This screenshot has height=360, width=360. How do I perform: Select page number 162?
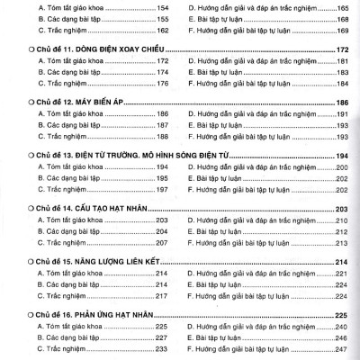[x=162, y=30]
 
